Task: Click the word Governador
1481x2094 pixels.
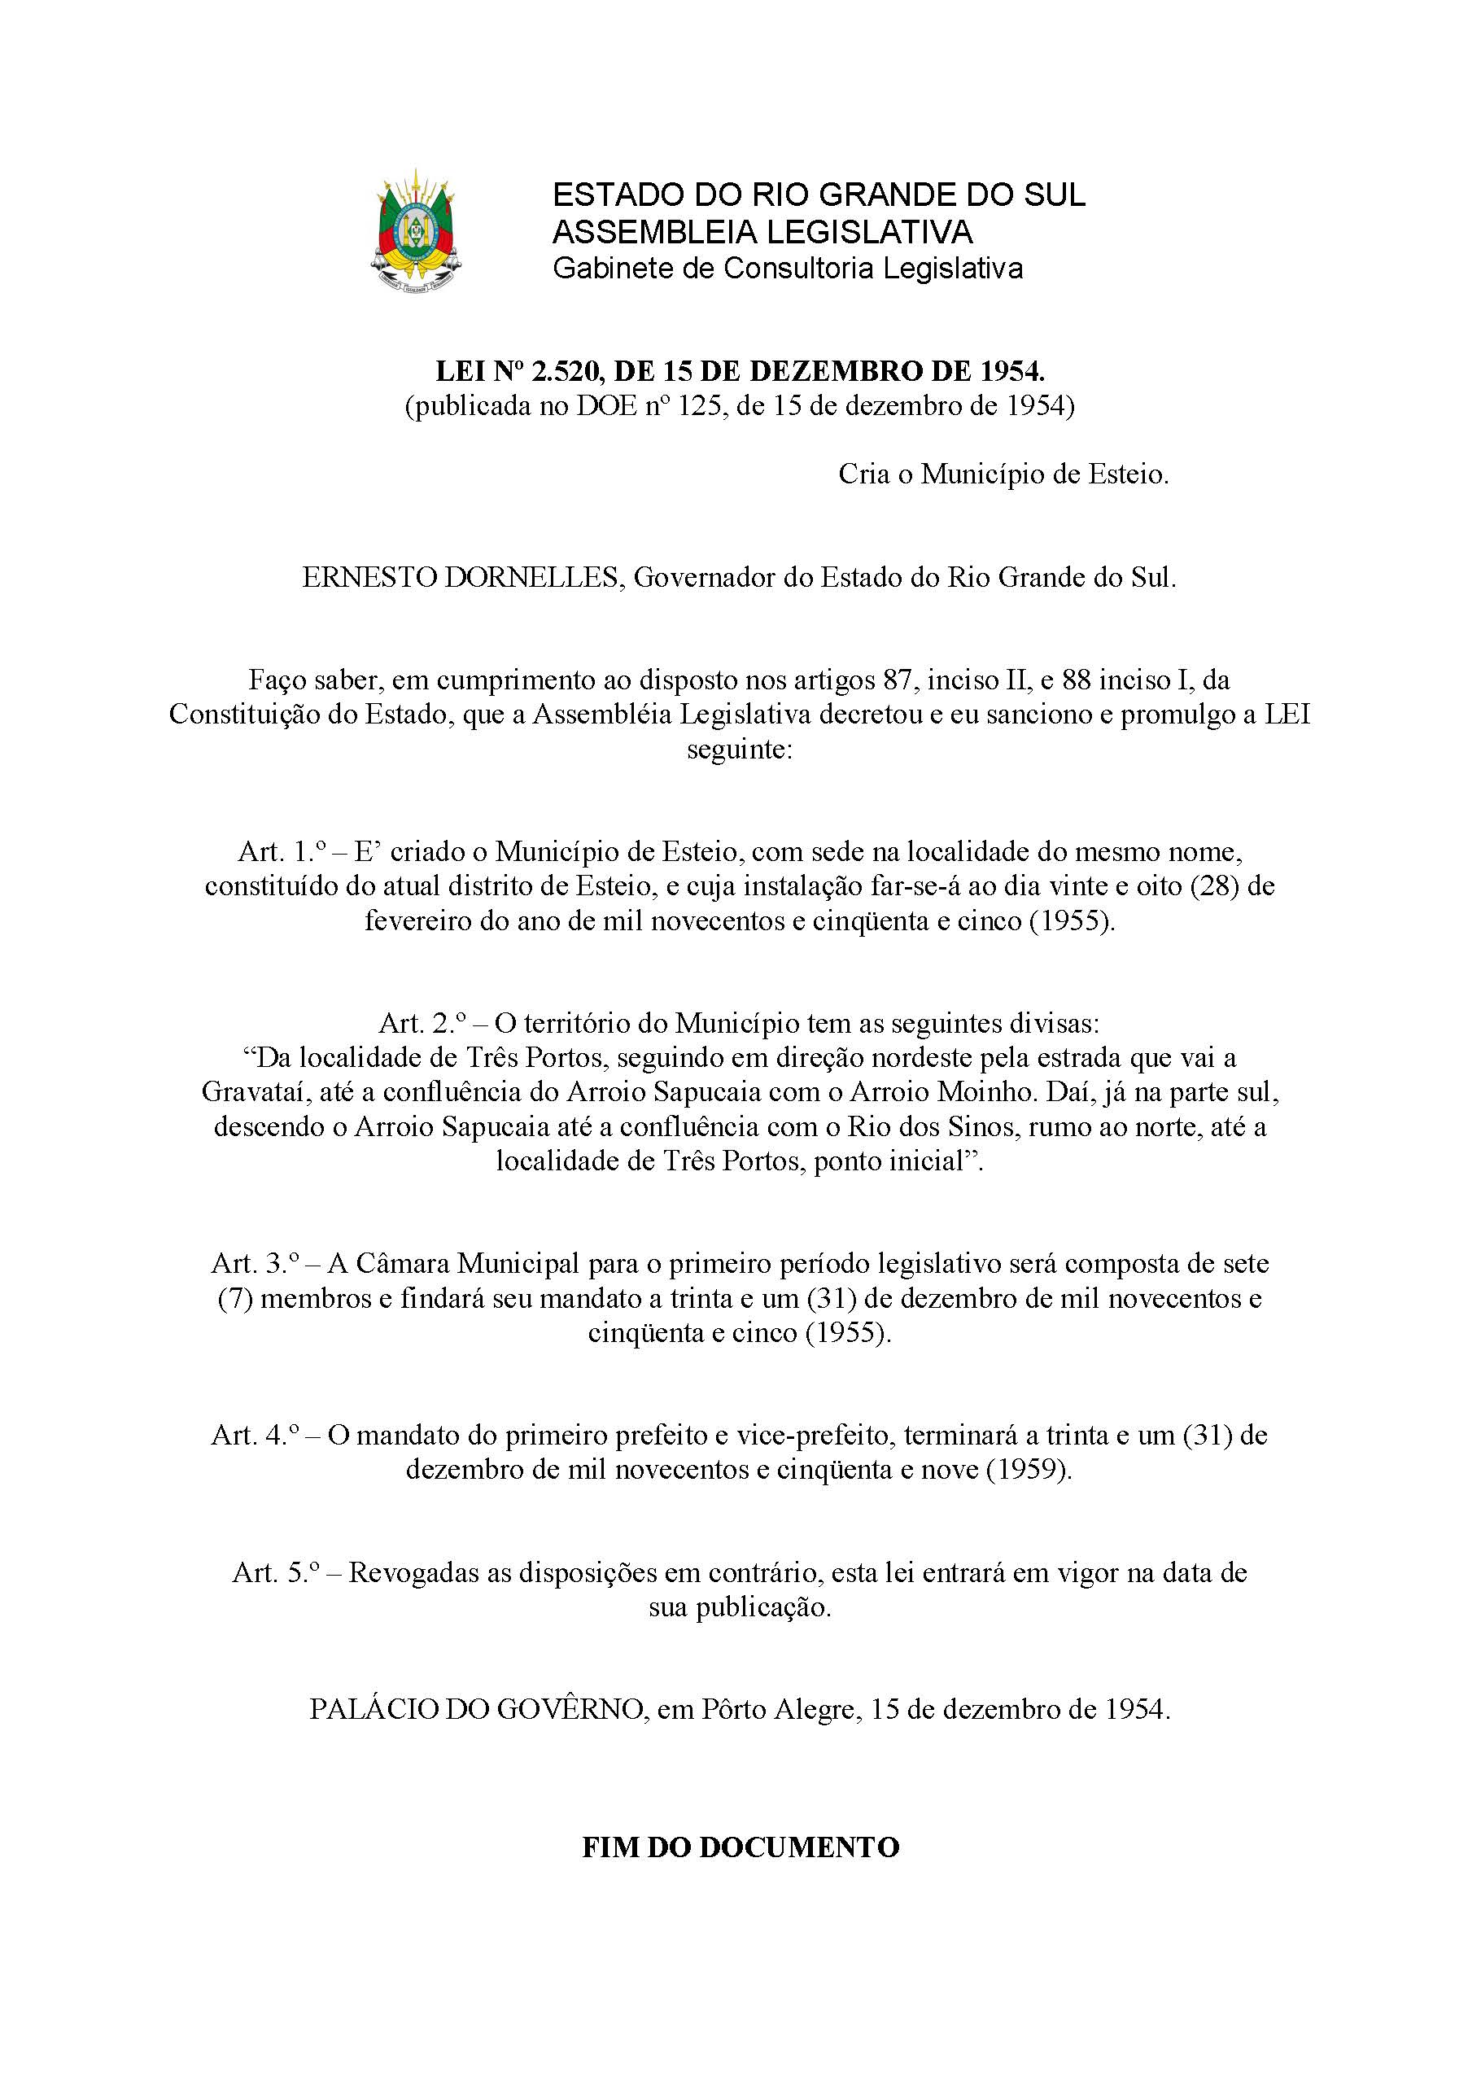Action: point(702,577)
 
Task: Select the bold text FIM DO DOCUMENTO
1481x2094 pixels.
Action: point(740,1847)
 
